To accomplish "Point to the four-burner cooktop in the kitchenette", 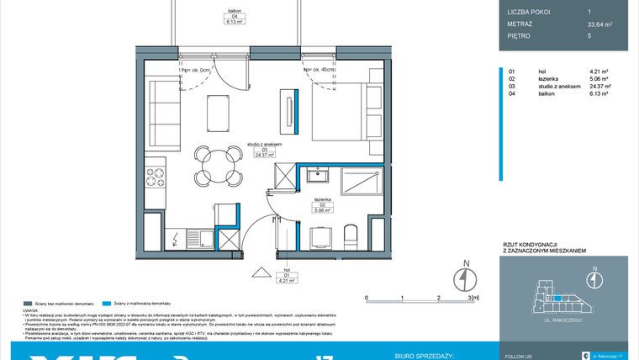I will [x=156, y=177].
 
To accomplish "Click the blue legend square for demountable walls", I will [x=105, y=303].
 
